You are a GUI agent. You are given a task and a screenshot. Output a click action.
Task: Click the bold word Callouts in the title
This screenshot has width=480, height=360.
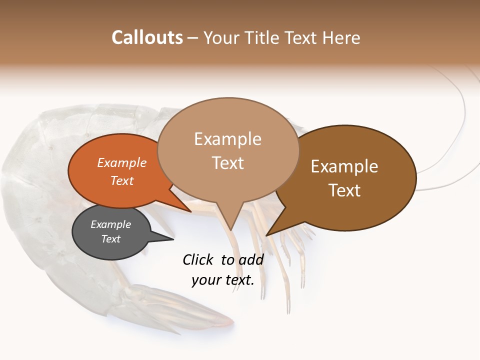pos(147,37)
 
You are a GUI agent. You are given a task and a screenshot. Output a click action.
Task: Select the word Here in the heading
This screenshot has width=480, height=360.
pos(342,37)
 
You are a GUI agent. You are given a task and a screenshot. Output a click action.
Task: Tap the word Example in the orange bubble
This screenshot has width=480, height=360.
pos(122,162)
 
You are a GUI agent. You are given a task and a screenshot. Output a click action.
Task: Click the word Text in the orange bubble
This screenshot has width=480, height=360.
pos(122,180)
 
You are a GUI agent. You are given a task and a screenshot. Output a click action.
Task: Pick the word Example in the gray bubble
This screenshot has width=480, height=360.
pos(110,224)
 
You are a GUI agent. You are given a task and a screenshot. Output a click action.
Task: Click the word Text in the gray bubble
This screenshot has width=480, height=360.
pos(110,239)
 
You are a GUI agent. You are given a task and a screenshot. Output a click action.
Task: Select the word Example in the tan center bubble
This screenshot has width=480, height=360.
pos(227,139)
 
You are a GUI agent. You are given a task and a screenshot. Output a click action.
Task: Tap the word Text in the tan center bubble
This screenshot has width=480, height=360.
pos(227,163)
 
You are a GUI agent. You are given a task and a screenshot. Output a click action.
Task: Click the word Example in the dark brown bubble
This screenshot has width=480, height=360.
pos(344,166)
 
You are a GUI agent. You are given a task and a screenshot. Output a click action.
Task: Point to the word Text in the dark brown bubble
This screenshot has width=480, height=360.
pos(344,190)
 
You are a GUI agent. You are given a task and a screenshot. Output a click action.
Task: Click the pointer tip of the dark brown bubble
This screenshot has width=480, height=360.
pos(267,235)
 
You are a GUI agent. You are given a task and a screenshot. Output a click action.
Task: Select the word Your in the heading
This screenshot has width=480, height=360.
pos(220,37)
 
